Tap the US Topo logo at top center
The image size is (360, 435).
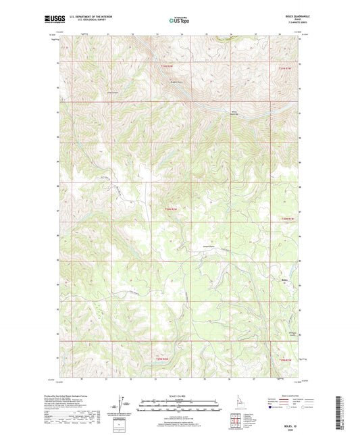click(180, 20)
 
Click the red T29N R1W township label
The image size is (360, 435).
click(287, 360)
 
